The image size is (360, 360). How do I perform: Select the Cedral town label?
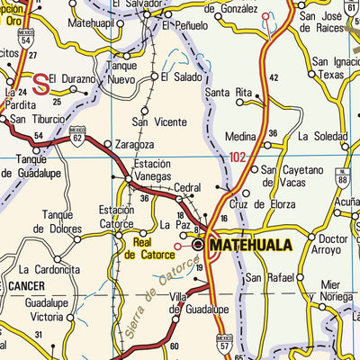click(188, 188)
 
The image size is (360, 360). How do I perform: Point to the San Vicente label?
click(154, 121)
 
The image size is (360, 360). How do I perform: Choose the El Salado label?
click(181, 77)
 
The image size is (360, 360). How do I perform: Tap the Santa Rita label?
click(229, 93)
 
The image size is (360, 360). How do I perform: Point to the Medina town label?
click(241, 138)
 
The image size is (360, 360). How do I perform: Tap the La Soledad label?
click(323, 137)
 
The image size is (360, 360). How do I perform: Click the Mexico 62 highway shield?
click(78, 137)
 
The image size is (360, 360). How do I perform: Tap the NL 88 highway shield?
click(343, 177)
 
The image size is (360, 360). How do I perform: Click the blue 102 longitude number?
click(236, 157)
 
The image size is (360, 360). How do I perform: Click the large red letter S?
click(40, 84)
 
